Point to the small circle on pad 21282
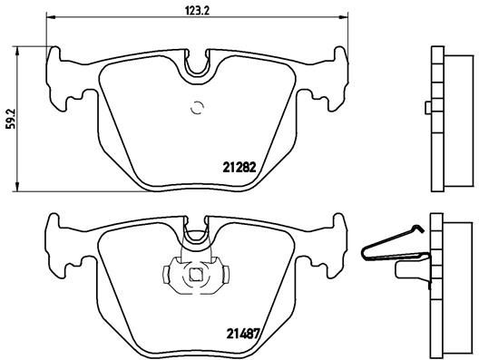196,110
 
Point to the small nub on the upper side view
426,108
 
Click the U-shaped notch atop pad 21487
195,238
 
